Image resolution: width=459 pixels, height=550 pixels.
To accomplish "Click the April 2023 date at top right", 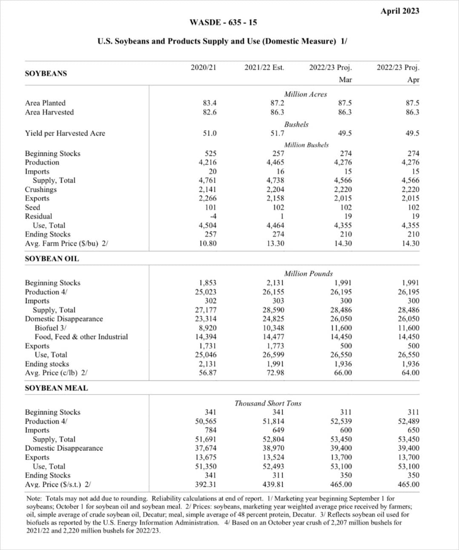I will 399,11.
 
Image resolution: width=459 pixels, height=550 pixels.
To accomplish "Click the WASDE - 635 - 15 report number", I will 223,23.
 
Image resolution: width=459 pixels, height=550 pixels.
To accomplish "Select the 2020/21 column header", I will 203,67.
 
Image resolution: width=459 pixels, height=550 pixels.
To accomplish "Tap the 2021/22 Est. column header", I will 264,67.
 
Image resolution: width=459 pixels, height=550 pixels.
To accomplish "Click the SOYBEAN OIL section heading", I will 52,259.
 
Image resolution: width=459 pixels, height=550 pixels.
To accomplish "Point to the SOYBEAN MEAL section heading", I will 56,388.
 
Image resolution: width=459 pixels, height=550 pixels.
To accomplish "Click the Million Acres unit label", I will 305,94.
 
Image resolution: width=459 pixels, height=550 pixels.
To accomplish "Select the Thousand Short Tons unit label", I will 268,403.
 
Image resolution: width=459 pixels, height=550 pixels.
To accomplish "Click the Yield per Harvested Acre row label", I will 65,133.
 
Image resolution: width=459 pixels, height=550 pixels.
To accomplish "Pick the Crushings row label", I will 40,189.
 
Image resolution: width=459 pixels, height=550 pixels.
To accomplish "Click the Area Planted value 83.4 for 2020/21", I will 209,103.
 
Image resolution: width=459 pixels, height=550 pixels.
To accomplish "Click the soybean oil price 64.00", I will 410,373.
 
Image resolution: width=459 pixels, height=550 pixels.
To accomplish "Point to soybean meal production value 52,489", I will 408,421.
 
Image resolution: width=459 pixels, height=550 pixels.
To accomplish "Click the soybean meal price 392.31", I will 205,484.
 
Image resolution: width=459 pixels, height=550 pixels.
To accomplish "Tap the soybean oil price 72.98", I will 273,373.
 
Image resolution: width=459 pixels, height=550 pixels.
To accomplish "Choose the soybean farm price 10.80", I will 208,243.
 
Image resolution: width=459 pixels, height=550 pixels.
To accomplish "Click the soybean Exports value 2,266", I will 207,198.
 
